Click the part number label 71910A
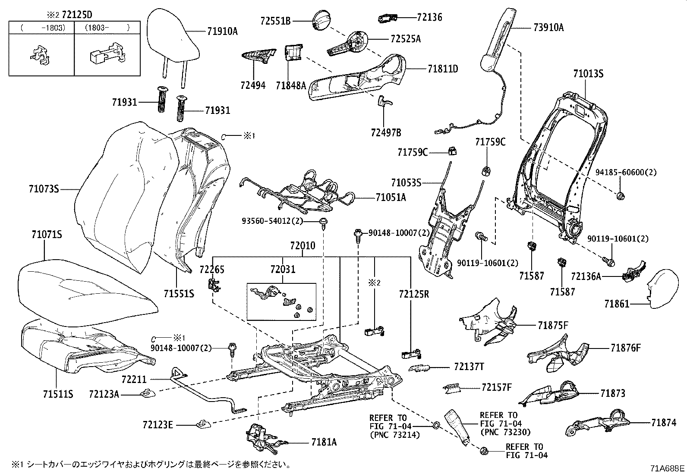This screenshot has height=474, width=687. [222, 31]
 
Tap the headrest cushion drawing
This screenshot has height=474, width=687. [173, 40]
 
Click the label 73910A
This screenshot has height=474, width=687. [548, 28]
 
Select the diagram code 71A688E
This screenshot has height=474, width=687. [668, 468]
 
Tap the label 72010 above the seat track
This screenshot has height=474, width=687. [303, 245]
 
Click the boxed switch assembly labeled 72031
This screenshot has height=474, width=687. [281, 301]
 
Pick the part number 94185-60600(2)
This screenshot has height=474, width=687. [626, 173]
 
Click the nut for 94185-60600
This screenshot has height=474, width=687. [621, 196]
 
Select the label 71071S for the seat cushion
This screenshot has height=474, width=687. [47, 235]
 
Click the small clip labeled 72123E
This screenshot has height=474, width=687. [203, 424]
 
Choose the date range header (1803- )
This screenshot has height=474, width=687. [107, 28]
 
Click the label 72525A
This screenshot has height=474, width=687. [406, 39]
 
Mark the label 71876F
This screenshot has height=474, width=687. [626, 348]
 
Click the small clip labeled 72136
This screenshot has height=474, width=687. [388, 18]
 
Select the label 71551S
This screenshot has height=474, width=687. [179, 294]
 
